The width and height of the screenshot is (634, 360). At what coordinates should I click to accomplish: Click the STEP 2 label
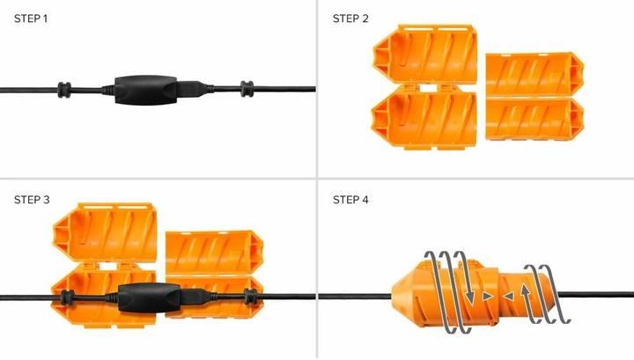pyautogui.click(x=350, y=18)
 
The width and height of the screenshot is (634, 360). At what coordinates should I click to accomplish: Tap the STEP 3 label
pyautogui.click(x=33, y=200)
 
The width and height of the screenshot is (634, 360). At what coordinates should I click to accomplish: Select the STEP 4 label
pyautogui.click(x=350, y=200)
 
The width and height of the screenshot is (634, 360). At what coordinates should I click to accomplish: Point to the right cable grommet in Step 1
pyautogui.click(x=247, y=87)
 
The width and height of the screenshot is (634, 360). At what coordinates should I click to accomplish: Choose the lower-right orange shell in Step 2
pyautogui.click(x=534, y=121)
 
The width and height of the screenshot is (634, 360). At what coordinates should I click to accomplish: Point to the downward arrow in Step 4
pyautogui.click(x=472, y=295)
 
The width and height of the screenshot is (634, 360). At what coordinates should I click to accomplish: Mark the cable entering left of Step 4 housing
pyautogui.click(x=352, y=295)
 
